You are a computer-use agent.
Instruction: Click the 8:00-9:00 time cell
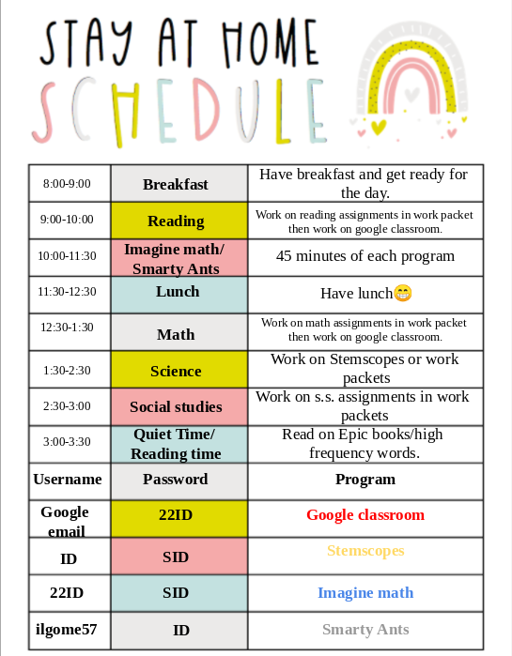click(x=68, y=183)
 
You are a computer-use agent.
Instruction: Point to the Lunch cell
click(x=178, y=292)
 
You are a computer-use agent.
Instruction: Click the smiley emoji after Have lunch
click(x=402, y=294)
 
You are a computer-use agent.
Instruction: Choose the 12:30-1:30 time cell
click(x=68, y=328)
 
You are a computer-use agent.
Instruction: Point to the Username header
click(x=68, y=480)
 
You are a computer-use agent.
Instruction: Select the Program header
click(x=365, y=480)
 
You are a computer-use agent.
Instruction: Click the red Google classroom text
click(x=365, y=515)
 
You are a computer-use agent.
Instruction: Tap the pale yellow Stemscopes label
click(x=365, y=551)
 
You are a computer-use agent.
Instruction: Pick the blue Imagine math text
click(x=365, y=593)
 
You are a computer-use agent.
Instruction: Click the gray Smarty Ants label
click(x=365, y=630)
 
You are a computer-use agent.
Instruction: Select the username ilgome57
click(x=68, y=630)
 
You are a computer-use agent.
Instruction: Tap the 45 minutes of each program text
click(x=365, y=256)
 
